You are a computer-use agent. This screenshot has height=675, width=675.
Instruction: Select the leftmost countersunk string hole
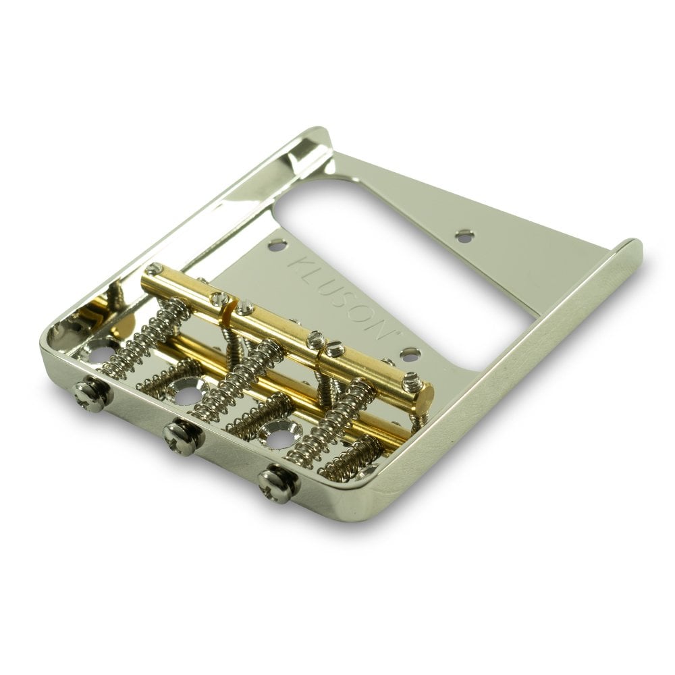tap(100, 351)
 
